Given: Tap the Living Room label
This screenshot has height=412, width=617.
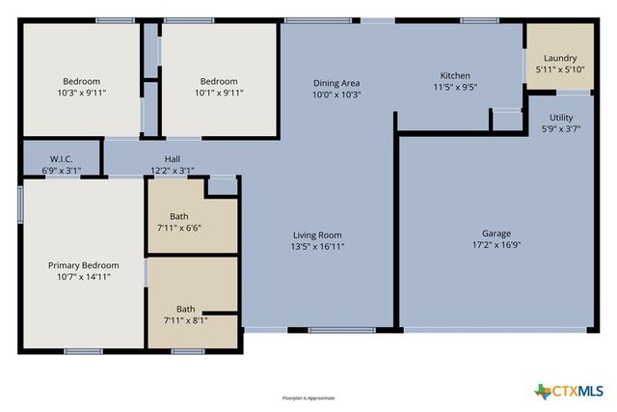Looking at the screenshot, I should pyautogui.click(x=318, y=234).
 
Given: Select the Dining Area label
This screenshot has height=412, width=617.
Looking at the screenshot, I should pyautogui.click(x=335, y=83).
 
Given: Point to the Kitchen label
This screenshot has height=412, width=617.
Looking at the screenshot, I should pyautogui.click(x=455, y=75).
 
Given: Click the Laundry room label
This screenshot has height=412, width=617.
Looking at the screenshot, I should pyautogui.click(x=560, y=58).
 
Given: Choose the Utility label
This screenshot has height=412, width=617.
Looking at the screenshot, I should pyautogui.click(x=560, y=117).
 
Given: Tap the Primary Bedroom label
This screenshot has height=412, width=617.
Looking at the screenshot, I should pyautogui.click(x=84, y=265).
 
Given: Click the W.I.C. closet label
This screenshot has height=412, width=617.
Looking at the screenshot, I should pyautogui.click(x=62, y=159).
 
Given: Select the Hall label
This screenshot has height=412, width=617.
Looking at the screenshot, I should pyautogui.click(x=173, y=159).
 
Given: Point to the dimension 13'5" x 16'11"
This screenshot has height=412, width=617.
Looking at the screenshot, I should pyautogui.click(x=318, y=246).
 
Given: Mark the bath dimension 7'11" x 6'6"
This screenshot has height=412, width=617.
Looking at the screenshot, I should pyautogui.click(x=179, y=228).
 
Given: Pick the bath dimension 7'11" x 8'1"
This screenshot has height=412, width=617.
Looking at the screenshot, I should pyautogui.click(x=185, y=320).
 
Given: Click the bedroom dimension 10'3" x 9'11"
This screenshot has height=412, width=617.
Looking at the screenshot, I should pyautogui.click(x=83, y=94).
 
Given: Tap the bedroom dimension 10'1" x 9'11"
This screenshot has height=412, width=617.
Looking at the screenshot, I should pyautogui.click(x=221, y=94).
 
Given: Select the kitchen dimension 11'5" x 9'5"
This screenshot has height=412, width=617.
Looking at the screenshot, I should pyautogui.click(x=455, y=87).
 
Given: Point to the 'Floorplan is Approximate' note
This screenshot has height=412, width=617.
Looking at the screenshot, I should pyautogui.click(x=308, y=398).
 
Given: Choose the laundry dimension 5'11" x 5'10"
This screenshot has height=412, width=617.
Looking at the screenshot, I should pyautogui.click(x=560, y=69).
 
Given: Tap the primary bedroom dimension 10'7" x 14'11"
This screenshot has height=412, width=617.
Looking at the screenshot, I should pyautogui.click(x=84, y=277).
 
